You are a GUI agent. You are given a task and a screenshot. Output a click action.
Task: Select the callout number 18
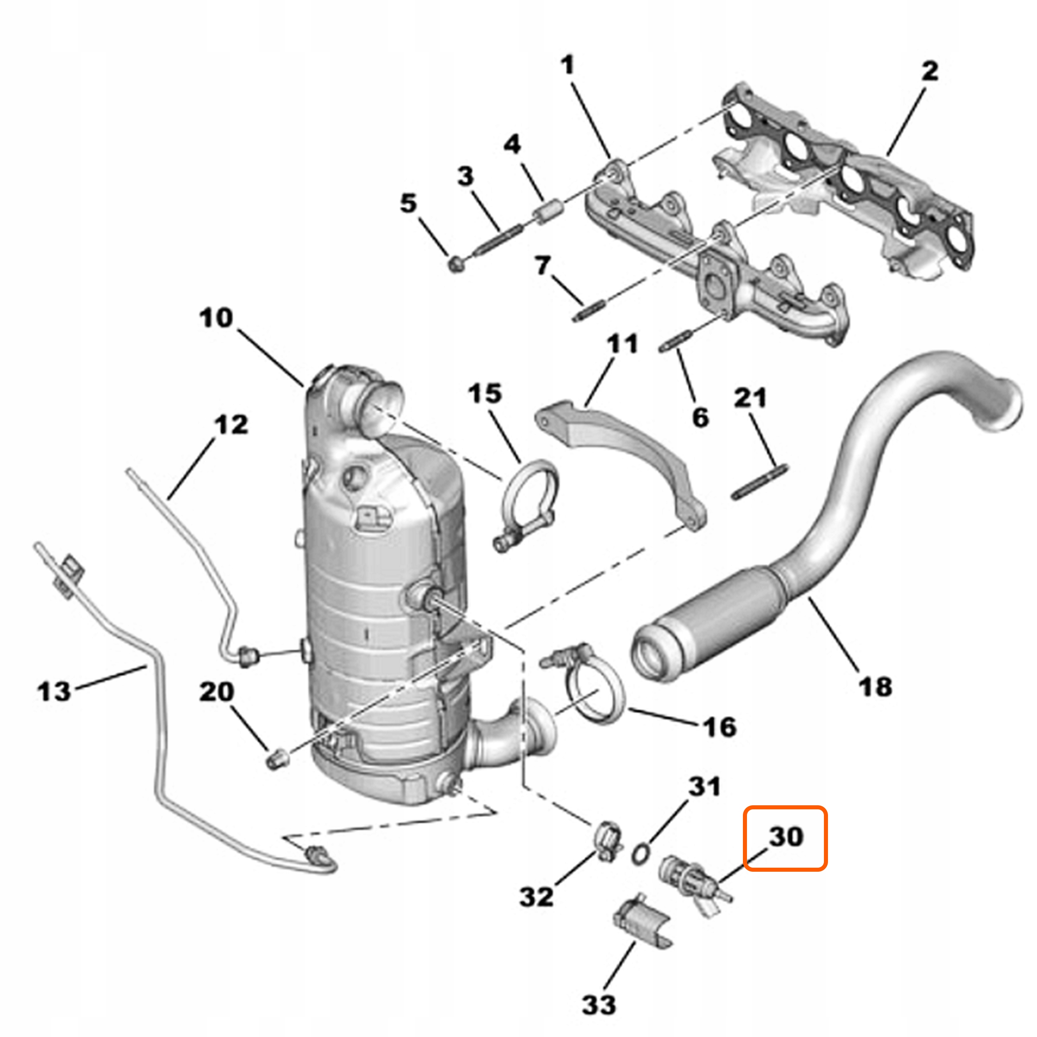click(x=875, y=687)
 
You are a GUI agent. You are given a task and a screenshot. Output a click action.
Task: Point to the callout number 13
click(x=54, y=691)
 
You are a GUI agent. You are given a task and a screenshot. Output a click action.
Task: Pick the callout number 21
click(x=750, y=398)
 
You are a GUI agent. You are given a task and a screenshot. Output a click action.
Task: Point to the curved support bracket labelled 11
click(x=623, y=462)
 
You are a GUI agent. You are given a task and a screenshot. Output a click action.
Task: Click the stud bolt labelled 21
click(x=760, y=482)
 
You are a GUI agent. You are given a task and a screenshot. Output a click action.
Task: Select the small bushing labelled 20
click(x=277, y=760)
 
